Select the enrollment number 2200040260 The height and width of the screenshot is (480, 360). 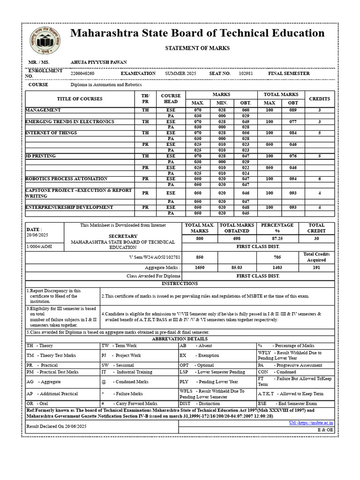[82, 74]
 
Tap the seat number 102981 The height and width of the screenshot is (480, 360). [246, 74]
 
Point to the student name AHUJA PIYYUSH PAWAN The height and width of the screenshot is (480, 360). [98, 62]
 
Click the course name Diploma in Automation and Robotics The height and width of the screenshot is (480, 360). [106, 85]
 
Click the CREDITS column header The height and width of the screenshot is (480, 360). [319, 99]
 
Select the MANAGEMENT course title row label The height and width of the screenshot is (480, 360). [43, 110]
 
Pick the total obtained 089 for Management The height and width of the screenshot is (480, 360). [293, 110]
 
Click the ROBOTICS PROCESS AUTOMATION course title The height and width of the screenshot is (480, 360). [67, 179]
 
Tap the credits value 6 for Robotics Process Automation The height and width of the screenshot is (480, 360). [319, 179]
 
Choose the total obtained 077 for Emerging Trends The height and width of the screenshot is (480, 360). [293, 121]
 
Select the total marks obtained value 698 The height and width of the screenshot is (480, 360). [237, 239]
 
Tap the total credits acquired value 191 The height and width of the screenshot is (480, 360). [316, 267]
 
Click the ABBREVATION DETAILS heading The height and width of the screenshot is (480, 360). [180, 339]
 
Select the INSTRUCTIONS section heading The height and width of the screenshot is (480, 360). [180, 284]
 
